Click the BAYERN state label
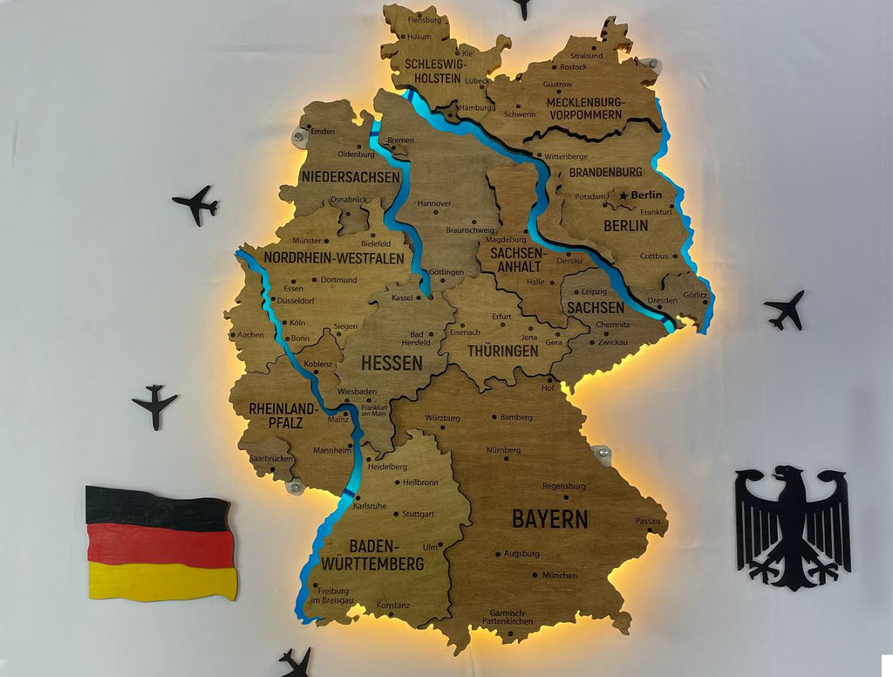549,518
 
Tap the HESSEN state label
392,362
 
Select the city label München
559,575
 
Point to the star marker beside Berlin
624,195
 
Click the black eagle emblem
792,525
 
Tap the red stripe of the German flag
160,545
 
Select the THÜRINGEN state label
501,351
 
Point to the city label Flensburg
425,19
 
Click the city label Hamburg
475,108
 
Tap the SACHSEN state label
595,308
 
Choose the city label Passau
648,521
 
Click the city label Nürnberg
502,450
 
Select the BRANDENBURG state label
605,173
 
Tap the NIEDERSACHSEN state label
351,177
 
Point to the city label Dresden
663,300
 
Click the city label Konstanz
393,605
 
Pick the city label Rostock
574,66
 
